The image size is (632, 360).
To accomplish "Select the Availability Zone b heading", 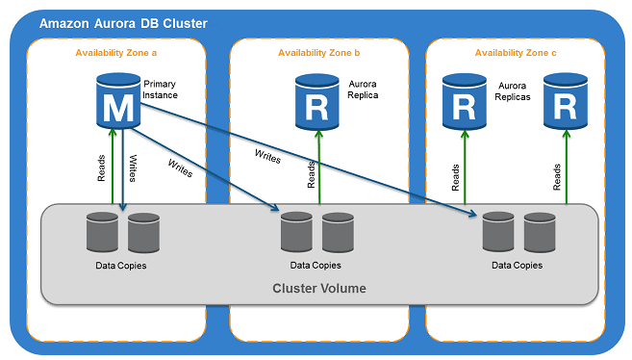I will click(317, 52).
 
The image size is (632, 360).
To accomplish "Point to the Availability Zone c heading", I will click(515, 52).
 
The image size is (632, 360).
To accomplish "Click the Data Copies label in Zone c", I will click(517, 265).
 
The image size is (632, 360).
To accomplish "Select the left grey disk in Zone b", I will click(296, 232).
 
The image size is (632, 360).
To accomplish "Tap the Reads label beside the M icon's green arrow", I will click(102, 169).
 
